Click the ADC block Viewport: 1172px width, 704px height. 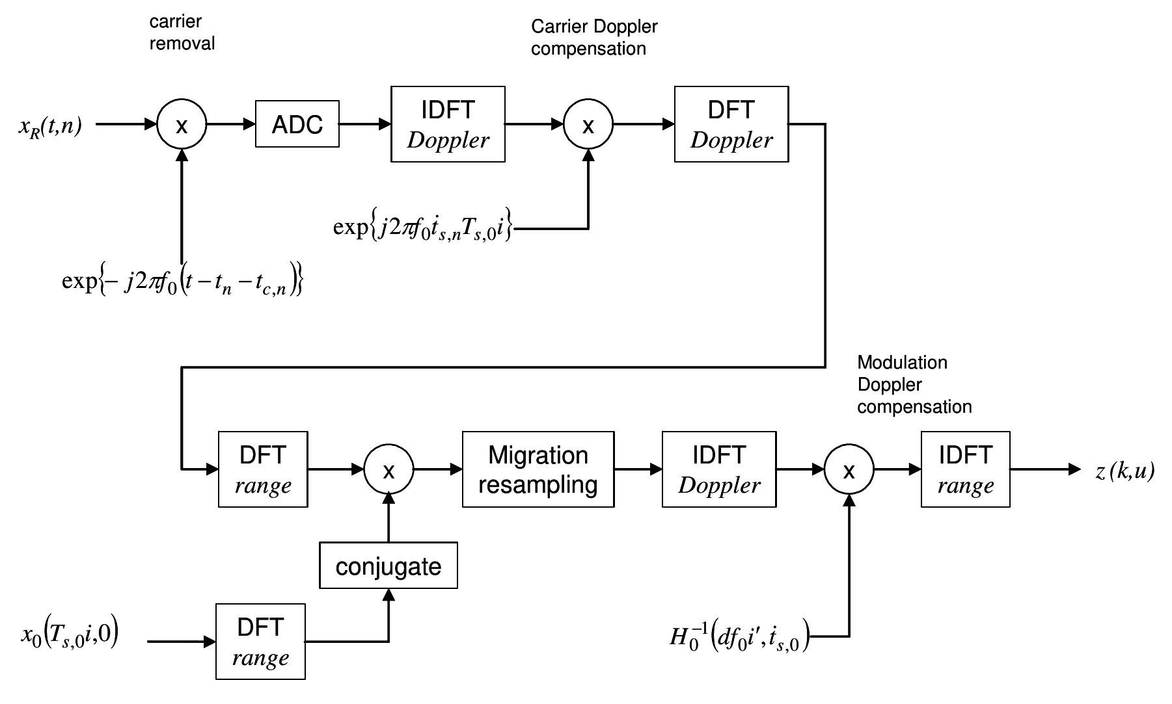pos(297,124)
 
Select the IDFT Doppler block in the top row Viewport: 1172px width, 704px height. pos(448,124)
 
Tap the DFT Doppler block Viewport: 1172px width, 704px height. pos(731,124)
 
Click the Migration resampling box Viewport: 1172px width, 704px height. pos(538,469)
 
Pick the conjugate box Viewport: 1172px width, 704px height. pos(388,566)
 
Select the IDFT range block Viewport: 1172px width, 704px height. pos(965,469)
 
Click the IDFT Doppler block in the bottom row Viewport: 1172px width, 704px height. pos(718,469)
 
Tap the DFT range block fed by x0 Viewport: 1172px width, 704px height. pos(260,642)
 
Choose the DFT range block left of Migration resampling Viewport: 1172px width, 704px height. pos(263,469)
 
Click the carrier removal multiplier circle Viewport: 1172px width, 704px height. pos(182,124)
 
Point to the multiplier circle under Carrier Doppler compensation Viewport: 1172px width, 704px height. pos(588,124)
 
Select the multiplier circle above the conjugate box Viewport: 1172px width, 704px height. pos(388,469)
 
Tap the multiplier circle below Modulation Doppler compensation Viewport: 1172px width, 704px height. pos(849,469)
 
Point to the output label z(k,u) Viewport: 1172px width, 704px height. pos(1124,471)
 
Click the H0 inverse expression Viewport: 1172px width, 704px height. pos(739,636)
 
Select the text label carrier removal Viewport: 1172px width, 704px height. pos(182,33)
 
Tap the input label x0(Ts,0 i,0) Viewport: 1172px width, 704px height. pos(70,634)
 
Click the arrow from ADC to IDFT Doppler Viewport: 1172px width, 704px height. pos(364,124)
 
